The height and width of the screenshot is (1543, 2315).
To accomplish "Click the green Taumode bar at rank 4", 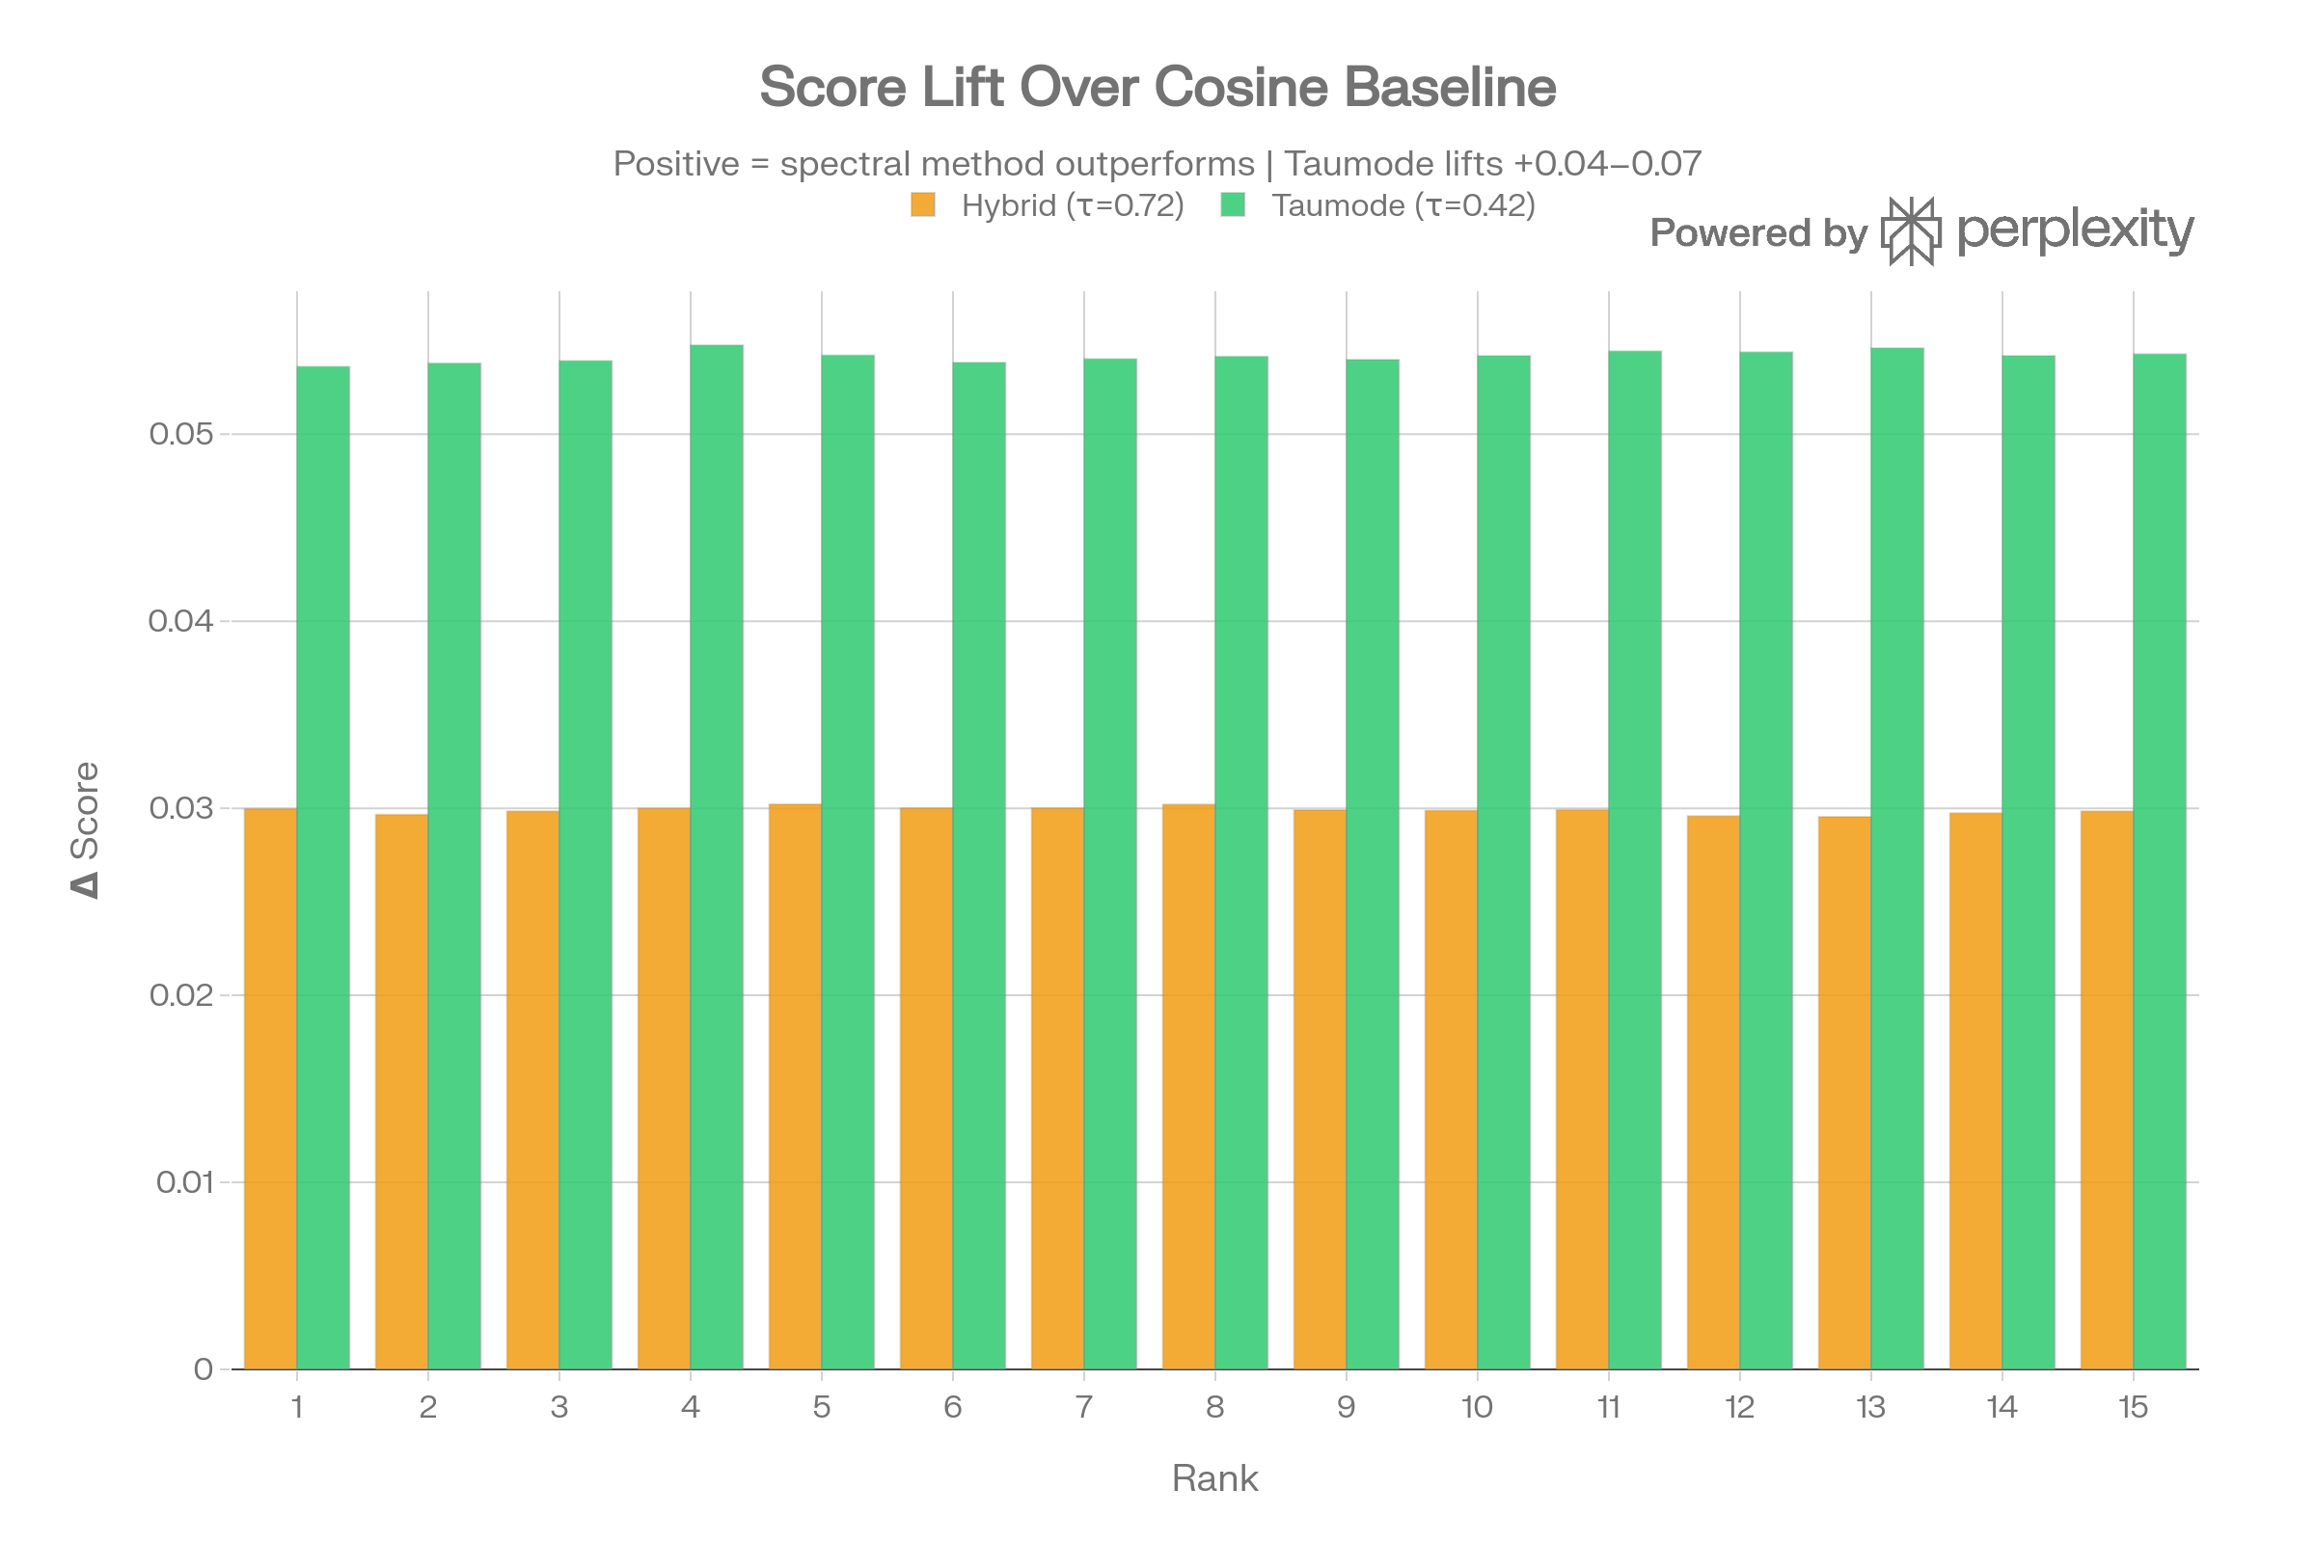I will (x=717, y=856).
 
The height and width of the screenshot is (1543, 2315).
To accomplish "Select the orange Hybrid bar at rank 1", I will (x=270, y=1088).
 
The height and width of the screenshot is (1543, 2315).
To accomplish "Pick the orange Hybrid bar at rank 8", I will (x=1188, y=1087).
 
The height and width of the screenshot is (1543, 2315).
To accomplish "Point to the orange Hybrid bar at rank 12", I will (x=1713, y=1092).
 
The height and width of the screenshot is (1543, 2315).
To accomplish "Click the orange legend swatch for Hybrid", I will (x=923, y=205).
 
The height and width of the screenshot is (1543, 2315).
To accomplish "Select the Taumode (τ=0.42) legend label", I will (x=1403, y=205).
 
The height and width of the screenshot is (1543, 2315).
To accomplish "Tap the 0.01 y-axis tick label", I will (x=184, y=1182).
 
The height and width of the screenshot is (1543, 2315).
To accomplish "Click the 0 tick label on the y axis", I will (x=203, y=1368).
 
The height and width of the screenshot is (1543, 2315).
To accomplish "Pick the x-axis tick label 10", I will (x=1478, y=1407).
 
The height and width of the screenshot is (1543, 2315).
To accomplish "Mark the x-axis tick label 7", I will (x=1083, y=1407).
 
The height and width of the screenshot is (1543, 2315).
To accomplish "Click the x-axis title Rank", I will (x=1214, y=1478).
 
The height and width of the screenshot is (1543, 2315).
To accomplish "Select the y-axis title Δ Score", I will (x=86, y=828).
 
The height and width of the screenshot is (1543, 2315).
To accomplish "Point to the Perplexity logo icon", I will (x=1911, y=231).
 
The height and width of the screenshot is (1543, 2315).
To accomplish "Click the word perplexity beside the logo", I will (x=2075, y=231).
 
